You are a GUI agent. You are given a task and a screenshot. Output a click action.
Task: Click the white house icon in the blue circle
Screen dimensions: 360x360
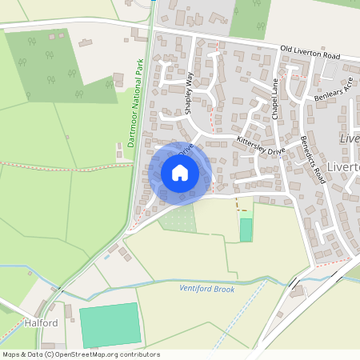point(180,172)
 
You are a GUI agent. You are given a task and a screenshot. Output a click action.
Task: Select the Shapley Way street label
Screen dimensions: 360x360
point(190,92)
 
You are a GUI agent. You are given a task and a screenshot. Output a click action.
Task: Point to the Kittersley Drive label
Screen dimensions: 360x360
point(261,145)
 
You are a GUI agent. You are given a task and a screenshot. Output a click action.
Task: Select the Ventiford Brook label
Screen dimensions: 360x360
point(207,289)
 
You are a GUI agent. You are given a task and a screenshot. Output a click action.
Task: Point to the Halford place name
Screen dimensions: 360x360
point(42,323)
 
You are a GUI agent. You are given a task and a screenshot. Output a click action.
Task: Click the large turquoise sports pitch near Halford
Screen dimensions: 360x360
point(110,325)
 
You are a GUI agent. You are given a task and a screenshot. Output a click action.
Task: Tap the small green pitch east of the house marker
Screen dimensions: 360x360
point(246,230)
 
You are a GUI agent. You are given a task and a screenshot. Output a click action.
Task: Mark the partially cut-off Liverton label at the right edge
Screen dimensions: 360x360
point(350,138)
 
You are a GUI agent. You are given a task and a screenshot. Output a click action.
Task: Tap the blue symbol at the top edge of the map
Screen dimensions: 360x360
point(153,2)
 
